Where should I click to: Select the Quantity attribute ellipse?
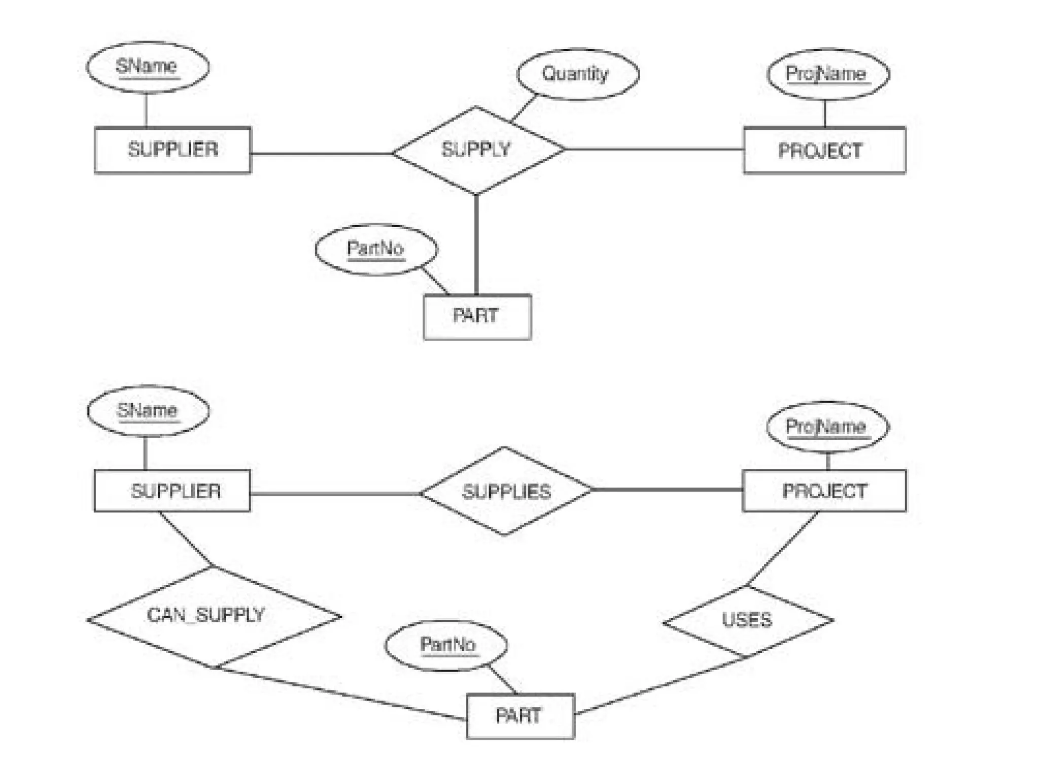pos(577,75)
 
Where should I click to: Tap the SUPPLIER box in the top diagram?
pos(172,150)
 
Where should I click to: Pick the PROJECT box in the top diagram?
pos(824,151)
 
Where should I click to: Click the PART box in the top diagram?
pos(477,316)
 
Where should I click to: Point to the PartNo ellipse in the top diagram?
pos(376,250)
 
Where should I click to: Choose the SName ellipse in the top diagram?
pos(147,67)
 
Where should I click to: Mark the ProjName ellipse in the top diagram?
pos(827,75)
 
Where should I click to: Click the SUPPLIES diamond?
pos(506,491)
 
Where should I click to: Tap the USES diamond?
pos(747,621)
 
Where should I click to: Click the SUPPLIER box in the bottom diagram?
pos(172,490)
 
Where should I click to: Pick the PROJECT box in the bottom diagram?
pos(823,490)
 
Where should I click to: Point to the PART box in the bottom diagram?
pos(520,716)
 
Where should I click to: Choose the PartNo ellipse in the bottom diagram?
pos(446,646)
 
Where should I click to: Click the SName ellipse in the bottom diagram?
pos(148,411)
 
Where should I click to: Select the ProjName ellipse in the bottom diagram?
pos(827,427)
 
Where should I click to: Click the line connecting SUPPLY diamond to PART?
pos(476,243)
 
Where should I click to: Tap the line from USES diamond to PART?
pos(660,686)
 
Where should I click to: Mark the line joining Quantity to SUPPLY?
pos(524,108)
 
